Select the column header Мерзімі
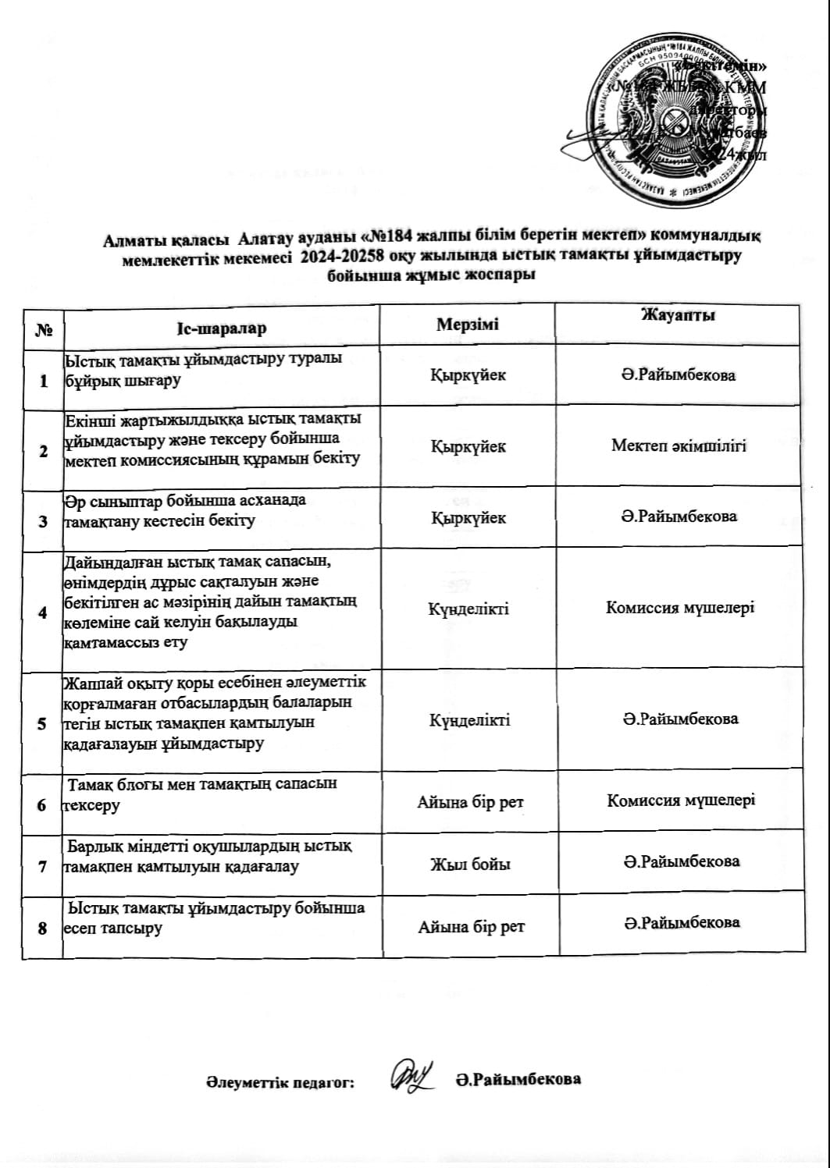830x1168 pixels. [x=467, y=325]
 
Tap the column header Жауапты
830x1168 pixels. [x=678, y=315]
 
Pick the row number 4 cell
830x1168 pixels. [x=43, y=612]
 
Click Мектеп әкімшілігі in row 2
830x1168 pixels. [x=679, y=446]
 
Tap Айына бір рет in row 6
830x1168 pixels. [x=470, y=802]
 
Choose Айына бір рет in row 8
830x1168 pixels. [x=471, y=928]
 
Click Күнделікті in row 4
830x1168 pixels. [x=468, y=609]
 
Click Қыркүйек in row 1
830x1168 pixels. [x=468, y=375]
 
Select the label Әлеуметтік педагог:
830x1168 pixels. [x=280, y=1082]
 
